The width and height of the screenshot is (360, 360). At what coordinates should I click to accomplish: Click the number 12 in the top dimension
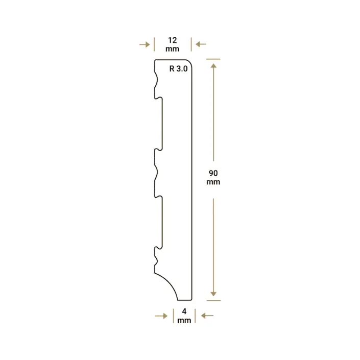click(x=173, y=40)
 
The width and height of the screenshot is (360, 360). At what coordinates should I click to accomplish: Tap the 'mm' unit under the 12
click(x=173, y=49)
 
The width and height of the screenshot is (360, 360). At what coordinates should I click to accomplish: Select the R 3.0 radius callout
click(x=178, y=68)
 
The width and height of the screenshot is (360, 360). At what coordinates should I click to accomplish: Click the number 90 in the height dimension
click(x=213, y=173)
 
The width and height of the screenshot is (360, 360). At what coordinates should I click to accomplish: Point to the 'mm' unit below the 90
click(x=213, y=182)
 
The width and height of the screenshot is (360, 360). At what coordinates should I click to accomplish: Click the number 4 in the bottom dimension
click(x=184, y=311)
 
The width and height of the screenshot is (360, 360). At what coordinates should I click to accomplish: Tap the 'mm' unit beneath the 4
click(x=184, y=320)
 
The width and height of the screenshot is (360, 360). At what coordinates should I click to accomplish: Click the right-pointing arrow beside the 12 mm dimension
click(x=145, y=44)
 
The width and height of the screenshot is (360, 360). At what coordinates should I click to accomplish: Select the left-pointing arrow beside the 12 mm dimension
click(x=201, y=44)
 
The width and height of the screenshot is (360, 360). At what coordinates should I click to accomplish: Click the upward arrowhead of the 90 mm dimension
click(x=213, y=66)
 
